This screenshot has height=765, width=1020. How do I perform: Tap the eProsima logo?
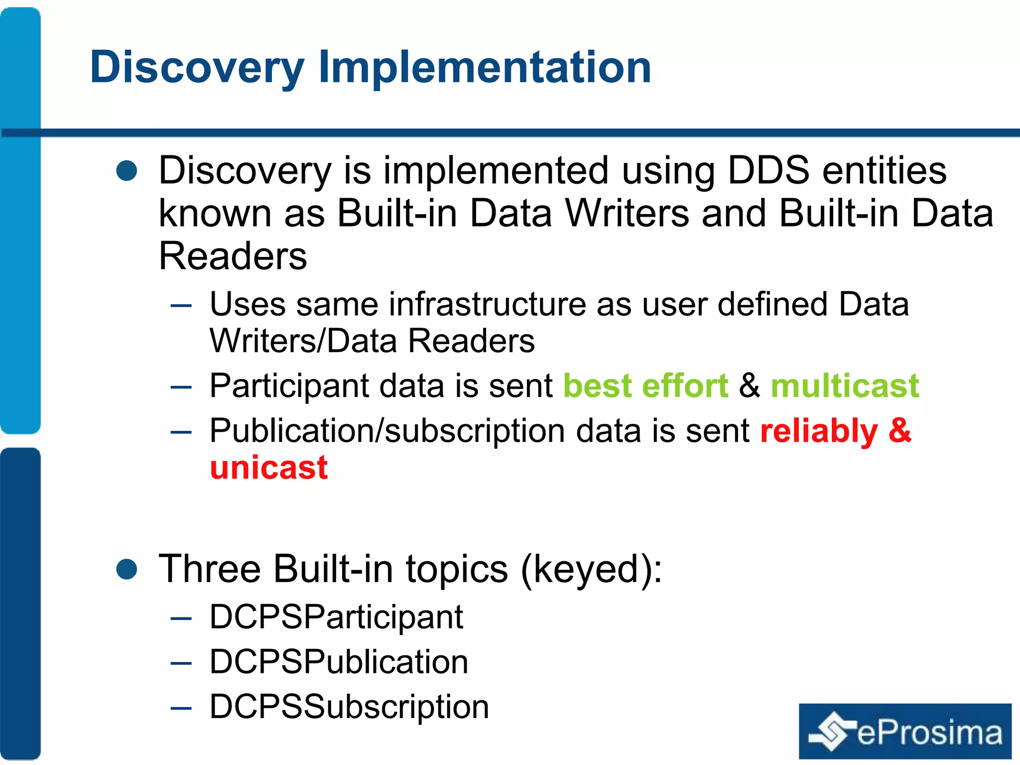(x=904, y=731)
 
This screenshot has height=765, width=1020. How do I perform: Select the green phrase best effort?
(x=645, y=386)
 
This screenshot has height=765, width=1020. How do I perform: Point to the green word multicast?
(x=844, y=386)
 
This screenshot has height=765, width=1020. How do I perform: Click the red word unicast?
(x=268, y=468)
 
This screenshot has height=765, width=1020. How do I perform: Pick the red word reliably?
(x=819, y=431)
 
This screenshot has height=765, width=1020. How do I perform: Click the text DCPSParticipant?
(x=336, y=617)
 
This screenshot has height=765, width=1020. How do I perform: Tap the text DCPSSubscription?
(x=349, y=707)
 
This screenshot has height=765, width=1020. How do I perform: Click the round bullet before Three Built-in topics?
(x=127, y=569)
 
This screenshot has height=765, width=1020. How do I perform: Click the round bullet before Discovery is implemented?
(x=127, y=170)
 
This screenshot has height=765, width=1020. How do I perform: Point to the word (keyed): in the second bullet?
(x=591, y=569)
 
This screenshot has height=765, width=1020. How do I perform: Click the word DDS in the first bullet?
(x=768, y=170)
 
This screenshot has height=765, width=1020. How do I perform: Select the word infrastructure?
(x=487, y=304)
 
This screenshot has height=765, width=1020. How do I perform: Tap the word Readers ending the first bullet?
(x=233, y=256)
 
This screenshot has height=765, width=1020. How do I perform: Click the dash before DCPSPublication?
(x=181, y=663)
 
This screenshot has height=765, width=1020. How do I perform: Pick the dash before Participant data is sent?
(x=181, y=387)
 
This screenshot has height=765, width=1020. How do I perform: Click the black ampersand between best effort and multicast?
(x=749, y=386)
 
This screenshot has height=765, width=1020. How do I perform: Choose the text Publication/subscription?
(x=386, y=431)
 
